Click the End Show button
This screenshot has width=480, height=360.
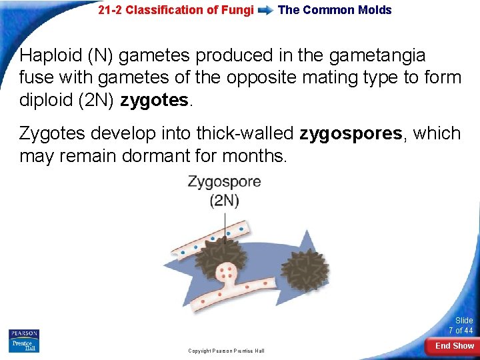[x=454, y=346]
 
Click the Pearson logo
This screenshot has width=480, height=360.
[x=23, y=333]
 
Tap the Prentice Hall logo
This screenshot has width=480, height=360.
[x=23, y=345]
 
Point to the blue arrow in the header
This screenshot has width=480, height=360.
[x=265, y=11]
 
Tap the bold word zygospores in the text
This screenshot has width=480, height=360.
[x=351, y=133]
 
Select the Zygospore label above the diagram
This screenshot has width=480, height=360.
[x=224, y=182]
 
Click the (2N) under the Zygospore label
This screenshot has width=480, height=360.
[x=224, y=200]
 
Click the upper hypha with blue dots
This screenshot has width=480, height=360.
[x=200, y=240]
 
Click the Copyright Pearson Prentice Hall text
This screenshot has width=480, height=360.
[x=226, y=351]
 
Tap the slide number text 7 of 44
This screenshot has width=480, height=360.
[x=460, y=331]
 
